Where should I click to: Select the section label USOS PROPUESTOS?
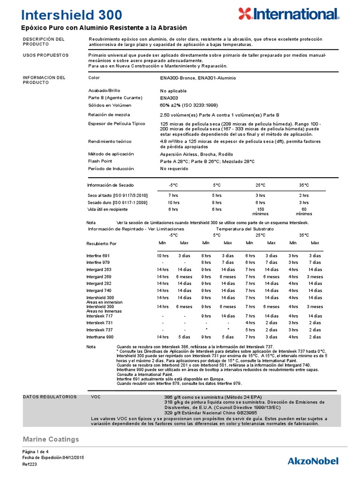point(45,55)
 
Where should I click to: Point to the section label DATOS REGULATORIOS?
point(50,397)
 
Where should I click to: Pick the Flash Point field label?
point(101,161)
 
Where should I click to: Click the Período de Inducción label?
point(111,169)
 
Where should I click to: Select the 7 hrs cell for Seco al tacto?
point(173,195)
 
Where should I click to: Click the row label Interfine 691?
point(98,255)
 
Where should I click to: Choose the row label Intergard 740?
point(99,291)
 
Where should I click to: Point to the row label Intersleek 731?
point(99,323)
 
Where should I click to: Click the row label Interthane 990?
point(100,337)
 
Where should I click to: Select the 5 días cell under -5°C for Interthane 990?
point(184,337)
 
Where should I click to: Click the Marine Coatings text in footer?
point(51,439)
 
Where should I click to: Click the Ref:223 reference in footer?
point(30,465)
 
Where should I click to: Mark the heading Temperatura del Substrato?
point(245,229)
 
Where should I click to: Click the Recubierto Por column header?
point(101,244)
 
